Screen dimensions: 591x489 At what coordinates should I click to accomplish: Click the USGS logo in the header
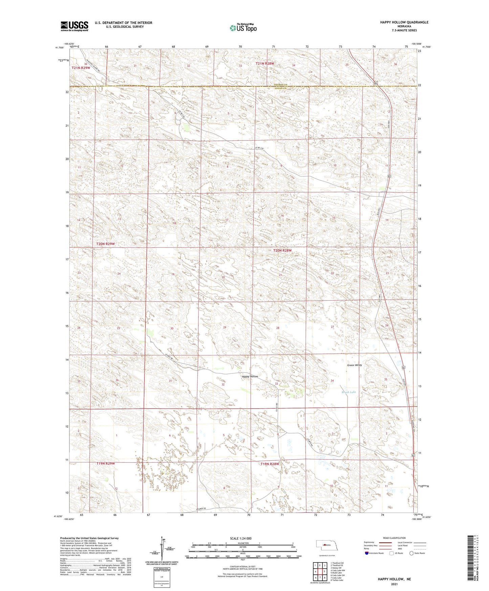[74, 26]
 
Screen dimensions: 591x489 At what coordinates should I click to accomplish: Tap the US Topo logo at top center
[243, 28]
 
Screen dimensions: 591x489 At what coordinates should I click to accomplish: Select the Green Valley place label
[354, 365]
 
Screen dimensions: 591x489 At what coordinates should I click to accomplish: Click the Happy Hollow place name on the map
[250, 376]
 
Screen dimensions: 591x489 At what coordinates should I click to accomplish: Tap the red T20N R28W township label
[282, 250]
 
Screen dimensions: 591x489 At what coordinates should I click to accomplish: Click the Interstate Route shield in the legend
[367, 553]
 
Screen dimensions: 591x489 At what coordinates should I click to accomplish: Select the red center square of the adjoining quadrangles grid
[319, 572]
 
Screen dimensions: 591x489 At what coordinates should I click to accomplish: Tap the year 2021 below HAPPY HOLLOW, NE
[394, 584]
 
